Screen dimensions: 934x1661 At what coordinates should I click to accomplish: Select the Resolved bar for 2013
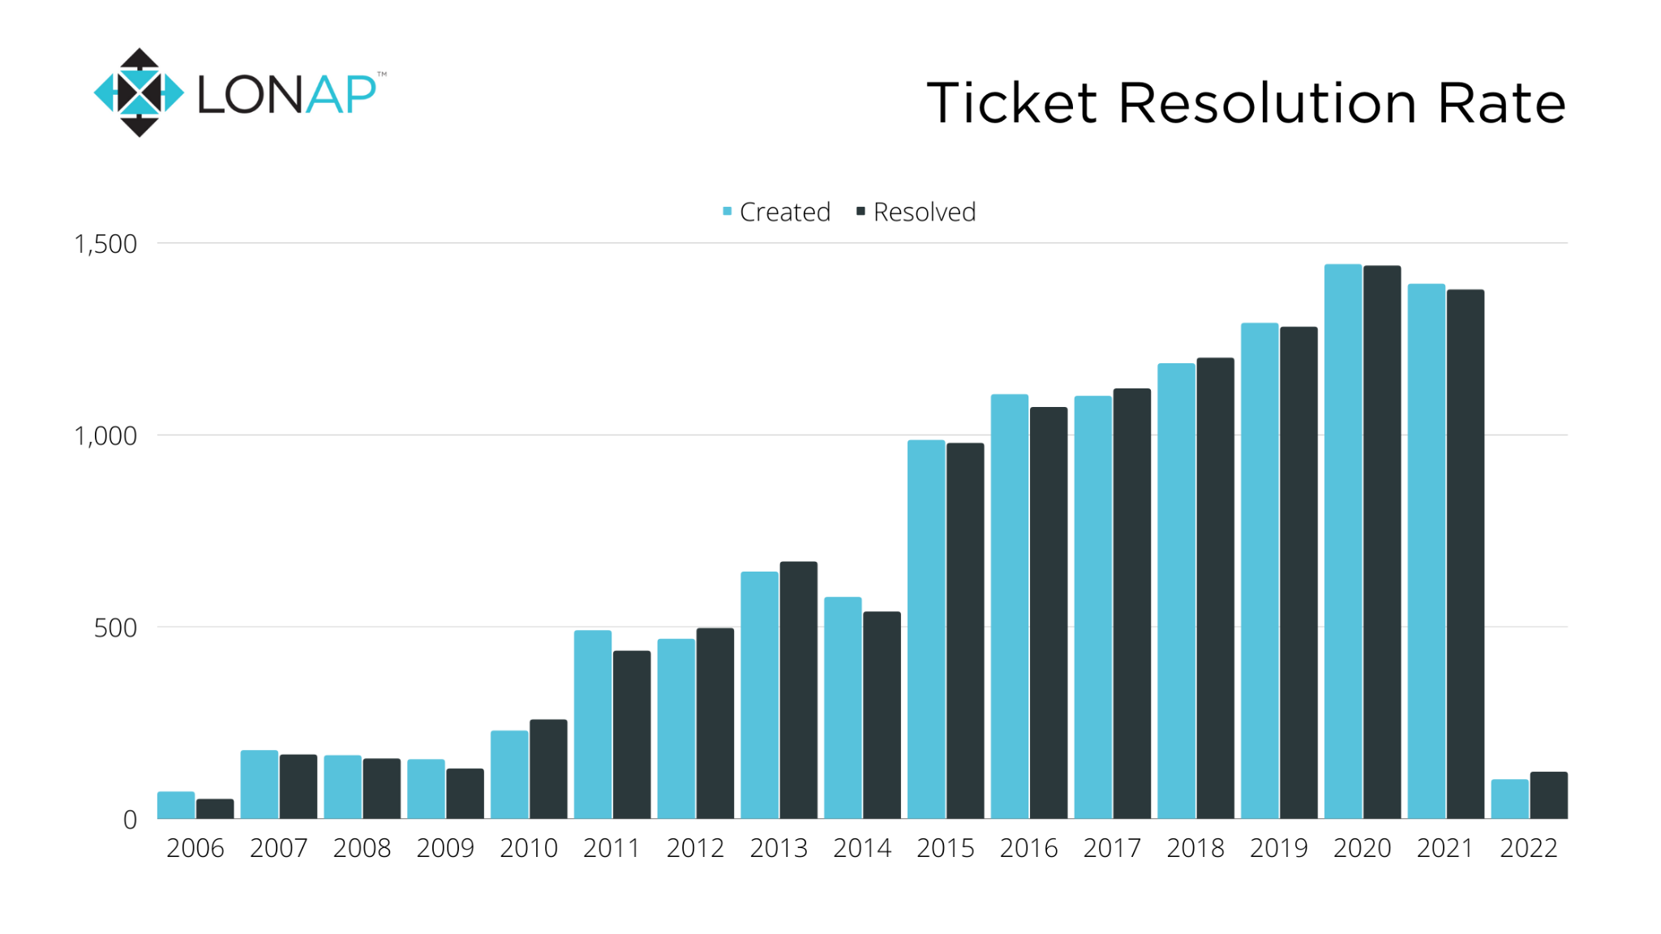click(x=798, y=690)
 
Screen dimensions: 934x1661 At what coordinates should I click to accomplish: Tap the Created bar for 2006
click(x=176, y=805)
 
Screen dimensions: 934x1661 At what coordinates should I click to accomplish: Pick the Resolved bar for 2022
click(x=1548, y=795)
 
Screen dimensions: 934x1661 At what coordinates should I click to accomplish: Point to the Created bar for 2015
click(x=925, y=629)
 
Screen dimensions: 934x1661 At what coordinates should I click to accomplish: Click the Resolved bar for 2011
click(x=632, y=735)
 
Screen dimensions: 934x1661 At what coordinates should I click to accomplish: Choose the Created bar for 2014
click(x=843, y=708)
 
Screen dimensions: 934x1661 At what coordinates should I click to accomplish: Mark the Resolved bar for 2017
click(x=1131, y=604)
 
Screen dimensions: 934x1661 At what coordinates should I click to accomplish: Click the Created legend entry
click(x=777, y=212)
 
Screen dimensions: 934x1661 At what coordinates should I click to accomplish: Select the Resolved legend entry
click(x=916, y=212)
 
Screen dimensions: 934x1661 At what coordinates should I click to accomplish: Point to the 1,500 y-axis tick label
click(x=105, y=244)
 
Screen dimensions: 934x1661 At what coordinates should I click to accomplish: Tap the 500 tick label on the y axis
click(x=115, y=628)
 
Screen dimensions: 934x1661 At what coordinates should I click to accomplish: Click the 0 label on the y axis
click(x=130, y=820)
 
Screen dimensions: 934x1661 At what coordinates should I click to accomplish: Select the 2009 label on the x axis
click(x=445, y=848)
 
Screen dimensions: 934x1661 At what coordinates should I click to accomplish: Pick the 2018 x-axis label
click(x=1195, y=848)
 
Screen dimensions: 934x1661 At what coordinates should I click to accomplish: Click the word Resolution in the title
click(x=1266, y=104)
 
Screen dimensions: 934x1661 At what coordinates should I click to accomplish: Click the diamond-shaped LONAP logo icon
click(x=139, y=92)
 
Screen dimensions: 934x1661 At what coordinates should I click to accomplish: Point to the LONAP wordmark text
click(x=286, y=95)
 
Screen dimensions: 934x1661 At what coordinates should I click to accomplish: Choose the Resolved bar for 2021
click(x=1465, y=555)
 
